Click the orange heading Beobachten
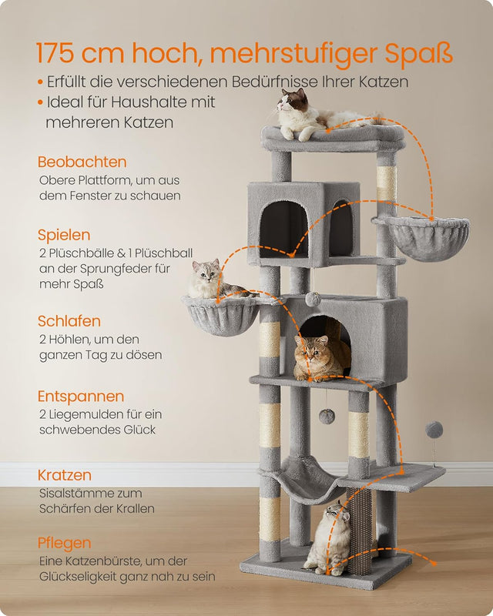[x=82, y=162]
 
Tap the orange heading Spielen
[x=64, y=235]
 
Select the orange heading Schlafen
[x=69, y=321]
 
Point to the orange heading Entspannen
[x=81, y=397]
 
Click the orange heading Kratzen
[x=65, y=475]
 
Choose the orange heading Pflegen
[x=65, y=543]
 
